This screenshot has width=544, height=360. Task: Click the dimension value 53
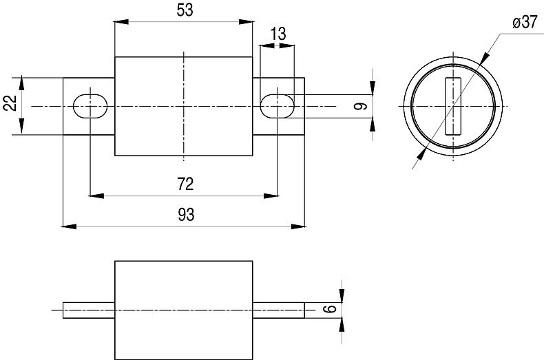(x=185, y=10)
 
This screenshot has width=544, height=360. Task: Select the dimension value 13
(x=278, y=34)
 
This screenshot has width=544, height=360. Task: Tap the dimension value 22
(x=10, y=103)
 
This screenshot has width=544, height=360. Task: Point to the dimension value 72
(x=185, y=184)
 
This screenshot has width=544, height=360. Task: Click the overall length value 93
(x=186, y=214)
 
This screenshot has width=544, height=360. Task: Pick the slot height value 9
(x=360, y=106)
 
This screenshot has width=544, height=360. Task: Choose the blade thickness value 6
(x=331, y=308)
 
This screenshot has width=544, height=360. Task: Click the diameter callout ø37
(x=525, y=23)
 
